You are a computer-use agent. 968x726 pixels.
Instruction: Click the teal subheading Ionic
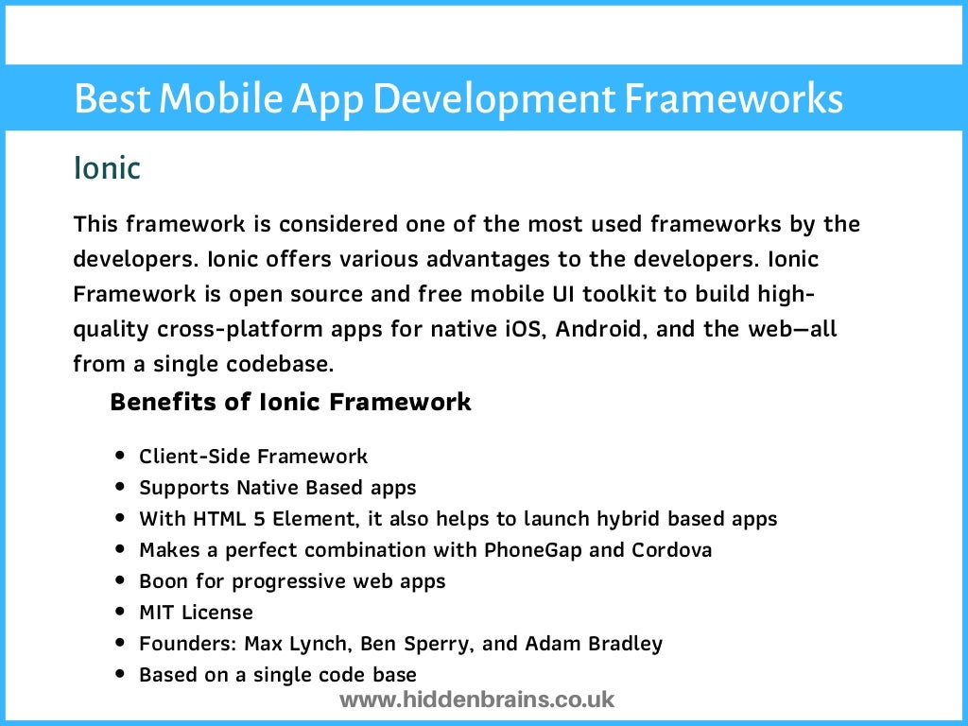point(107,168)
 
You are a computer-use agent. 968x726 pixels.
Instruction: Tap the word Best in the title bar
point(107,98)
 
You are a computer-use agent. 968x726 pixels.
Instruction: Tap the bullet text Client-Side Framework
point(253,457)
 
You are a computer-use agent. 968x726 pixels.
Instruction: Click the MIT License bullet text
point(196,612)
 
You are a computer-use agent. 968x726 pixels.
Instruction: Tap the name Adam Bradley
point(594,644)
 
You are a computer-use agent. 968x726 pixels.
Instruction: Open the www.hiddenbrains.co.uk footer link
point(476,700)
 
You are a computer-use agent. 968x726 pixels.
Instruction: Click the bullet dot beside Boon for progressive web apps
point(120,579)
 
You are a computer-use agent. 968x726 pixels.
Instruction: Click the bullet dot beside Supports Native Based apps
point(120,487)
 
